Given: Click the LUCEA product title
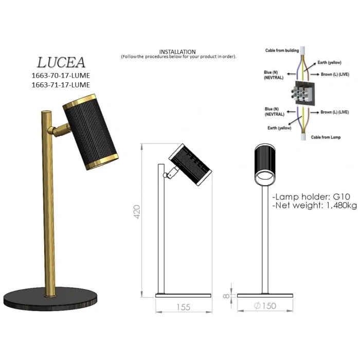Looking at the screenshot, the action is (x=61, y=62).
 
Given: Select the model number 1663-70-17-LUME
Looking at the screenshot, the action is (x=61, y=76).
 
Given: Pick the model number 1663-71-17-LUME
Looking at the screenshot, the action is (x=61, y=85).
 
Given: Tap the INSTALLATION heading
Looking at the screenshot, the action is (x=177, y=51).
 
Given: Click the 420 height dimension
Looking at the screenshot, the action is (x=137, y=212).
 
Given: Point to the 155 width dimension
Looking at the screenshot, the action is (x=184, y=307).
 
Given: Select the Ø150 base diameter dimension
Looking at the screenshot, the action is (x=265, y=306).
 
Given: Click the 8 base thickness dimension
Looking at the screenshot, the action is (x=226, y=296).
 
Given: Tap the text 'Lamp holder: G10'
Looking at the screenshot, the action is (x=311, y=197).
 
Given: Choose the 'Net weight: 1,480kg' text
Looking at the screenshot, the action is (x=315, y=205).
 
